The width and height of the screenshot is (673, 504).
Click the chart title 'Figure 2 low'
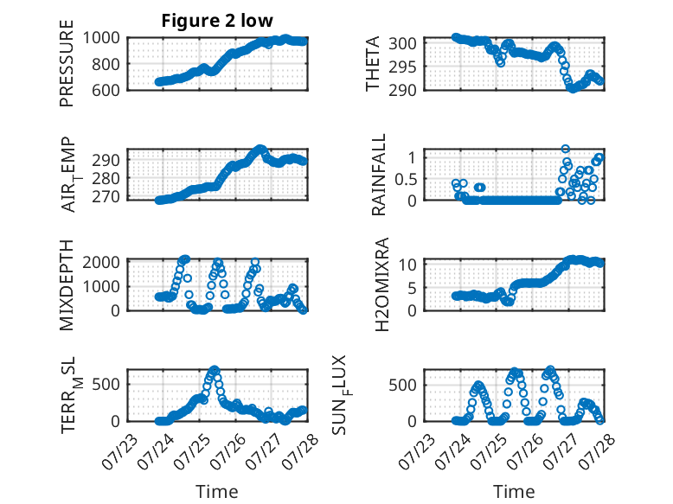point(217,21)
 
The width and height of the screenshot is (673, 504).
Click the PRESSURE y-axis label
point(67,63)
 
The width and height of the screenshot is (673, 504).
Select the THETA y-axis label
point(373,63)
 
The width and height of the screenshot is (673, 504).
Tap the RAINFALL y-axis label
point(379,175)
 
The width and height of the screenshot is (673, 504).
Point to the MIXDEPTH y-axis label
point(67,285)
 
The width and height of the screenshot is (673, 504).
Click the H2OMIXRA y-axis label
point(382,284)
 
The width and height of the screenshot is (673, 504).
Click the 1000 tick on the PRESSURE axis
point(101,38)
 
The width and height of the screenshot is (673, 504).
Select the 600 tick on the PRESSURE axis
point(106,90)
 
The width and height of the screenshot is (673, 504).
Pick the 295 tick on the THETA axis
point(402,67)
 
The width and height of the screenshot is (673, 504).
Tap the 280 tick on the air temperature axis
point(106,178)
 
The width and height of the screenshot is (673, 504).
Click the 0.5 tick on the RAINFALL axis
point(406,179)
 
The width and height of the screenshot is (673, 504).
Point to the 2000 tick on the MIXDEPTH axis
point(101,262)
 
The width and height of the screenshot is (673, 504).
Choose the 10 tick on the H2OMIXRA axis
point(407,265)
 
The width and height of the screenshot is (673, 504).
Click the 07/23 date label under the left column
point(119,451)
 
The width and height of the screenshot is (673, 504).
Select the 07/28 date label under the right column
point(597,451)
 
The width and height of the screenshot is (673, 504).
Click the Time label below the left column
point(217,492)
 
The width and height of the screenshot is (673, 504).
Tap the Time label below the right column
point(514,492)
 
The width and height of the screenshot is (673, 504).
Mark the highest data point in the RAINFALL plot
point(566,149)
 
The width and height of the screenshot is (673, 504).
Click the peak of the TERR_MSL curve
point(215,369)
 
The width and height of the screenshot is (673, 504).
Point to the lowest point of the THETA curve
point(573,89)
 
